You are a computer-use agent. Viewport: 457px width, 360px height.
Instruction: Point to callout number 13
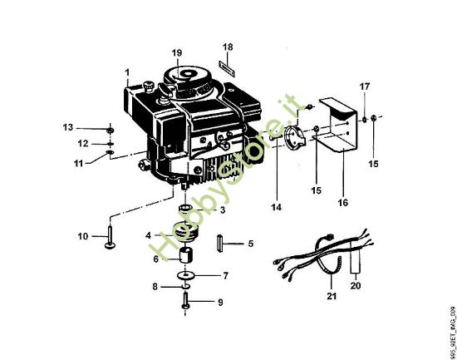point(68,127)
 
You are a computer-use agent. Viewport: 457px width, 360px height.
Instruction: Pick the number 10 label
point(82,237)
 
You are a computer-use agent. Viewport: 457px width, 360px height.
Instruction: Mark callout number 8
point(154,287)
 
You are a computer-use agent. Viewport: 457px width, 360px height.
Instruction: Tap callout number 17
point(363,86)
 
